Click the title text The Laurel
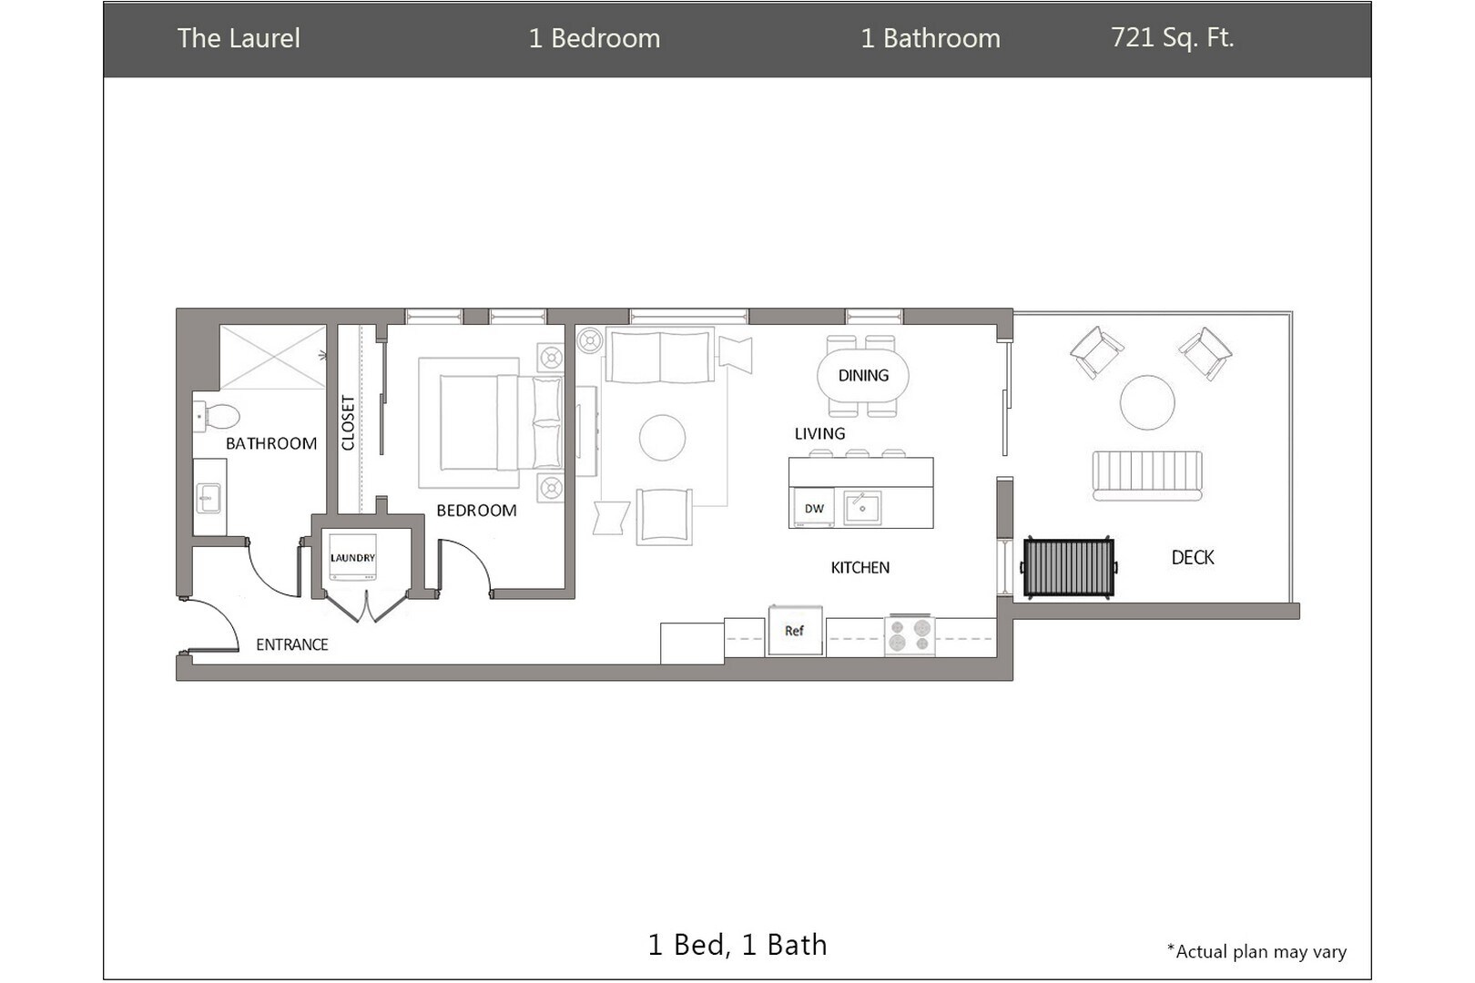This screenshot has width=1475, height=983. [239, 38]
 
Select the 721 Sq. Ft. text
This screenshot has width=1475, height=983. [1172, 38]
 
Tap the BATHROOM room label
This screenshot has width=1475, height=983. [271, 443]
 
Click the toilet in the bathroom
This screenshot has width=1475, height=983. [219, 417]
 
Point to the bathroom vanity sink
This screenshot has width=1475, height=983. [209, 497]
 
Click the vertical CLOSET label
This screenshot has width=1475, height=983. [348, 422]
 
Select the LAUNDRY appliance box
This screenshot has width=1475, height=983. [352, 558]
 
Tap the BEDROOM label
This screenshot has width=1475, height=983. [476, 511]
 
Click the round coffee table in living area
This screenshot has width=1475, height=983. [662, 438]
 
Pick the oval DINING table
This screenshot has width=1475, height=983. [863, 375]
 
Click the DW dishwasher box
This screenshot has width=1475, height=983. [814, 509]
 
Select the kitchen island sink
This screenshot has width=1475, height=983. [861, 507]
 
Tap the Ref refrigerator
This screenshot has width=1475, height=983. [795, 631]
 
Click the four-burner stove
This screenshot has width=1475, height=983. [910, 634]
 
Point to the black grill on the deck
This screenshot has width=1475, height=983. [1069, 567]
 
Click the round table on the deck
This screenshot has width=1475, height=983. [1147, 402]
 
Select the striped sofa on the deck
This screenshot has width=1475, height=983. [1147, 475]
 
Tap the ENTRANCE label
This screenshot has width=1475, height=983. [291, 644]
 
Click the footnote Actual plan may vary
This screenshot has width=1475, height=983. [1256, 952]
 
